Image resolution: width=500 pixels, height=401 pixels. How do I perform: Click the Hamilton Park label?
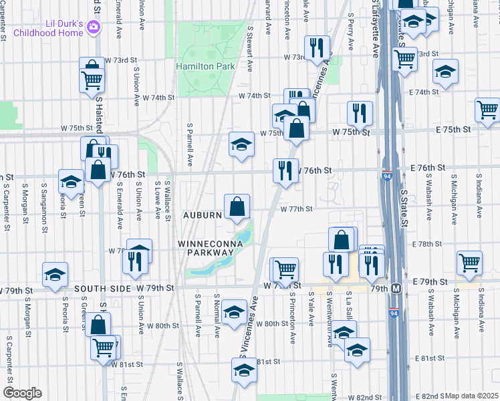pyautogui.click(x=206, y=66)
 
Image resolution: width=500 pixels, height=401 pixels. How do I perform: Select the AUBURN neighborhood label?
pyautogui.click(x=203, y=215)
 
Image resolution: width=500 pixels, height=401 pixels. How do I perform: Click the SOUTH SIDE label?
pyautogui.click(x=100, y=288)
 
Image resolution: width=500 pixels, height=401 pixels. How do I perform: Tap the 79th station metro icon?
pyautogui.click(x=396, y=289)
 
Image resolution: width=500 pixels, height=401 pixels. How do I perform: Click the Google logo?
pyautogui.click(x=21, y=392)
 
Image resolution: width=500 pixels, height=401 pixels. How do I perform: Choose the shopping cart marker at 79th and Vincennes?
pyautogui.click(x=285, y=269)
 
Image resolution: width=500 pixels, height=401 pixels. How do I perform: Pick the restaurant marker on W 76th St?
pyautogui.click(x=285, y=170)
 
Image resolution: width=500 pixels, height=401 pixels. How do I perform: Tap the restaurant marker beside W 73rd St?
pyautogui.click(x=317, y=47)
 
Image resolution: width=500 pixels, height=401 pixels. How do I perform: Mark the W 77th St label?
pyautogui.click(x=297, y=209)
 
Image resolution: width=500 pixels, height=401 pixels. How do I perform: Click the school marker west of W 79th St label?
pyautogui.click(x=55, y=273)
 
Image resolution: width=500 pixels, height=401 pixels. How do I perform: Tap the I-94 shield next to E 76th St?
pyautogui.click(x=388, y=176)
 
